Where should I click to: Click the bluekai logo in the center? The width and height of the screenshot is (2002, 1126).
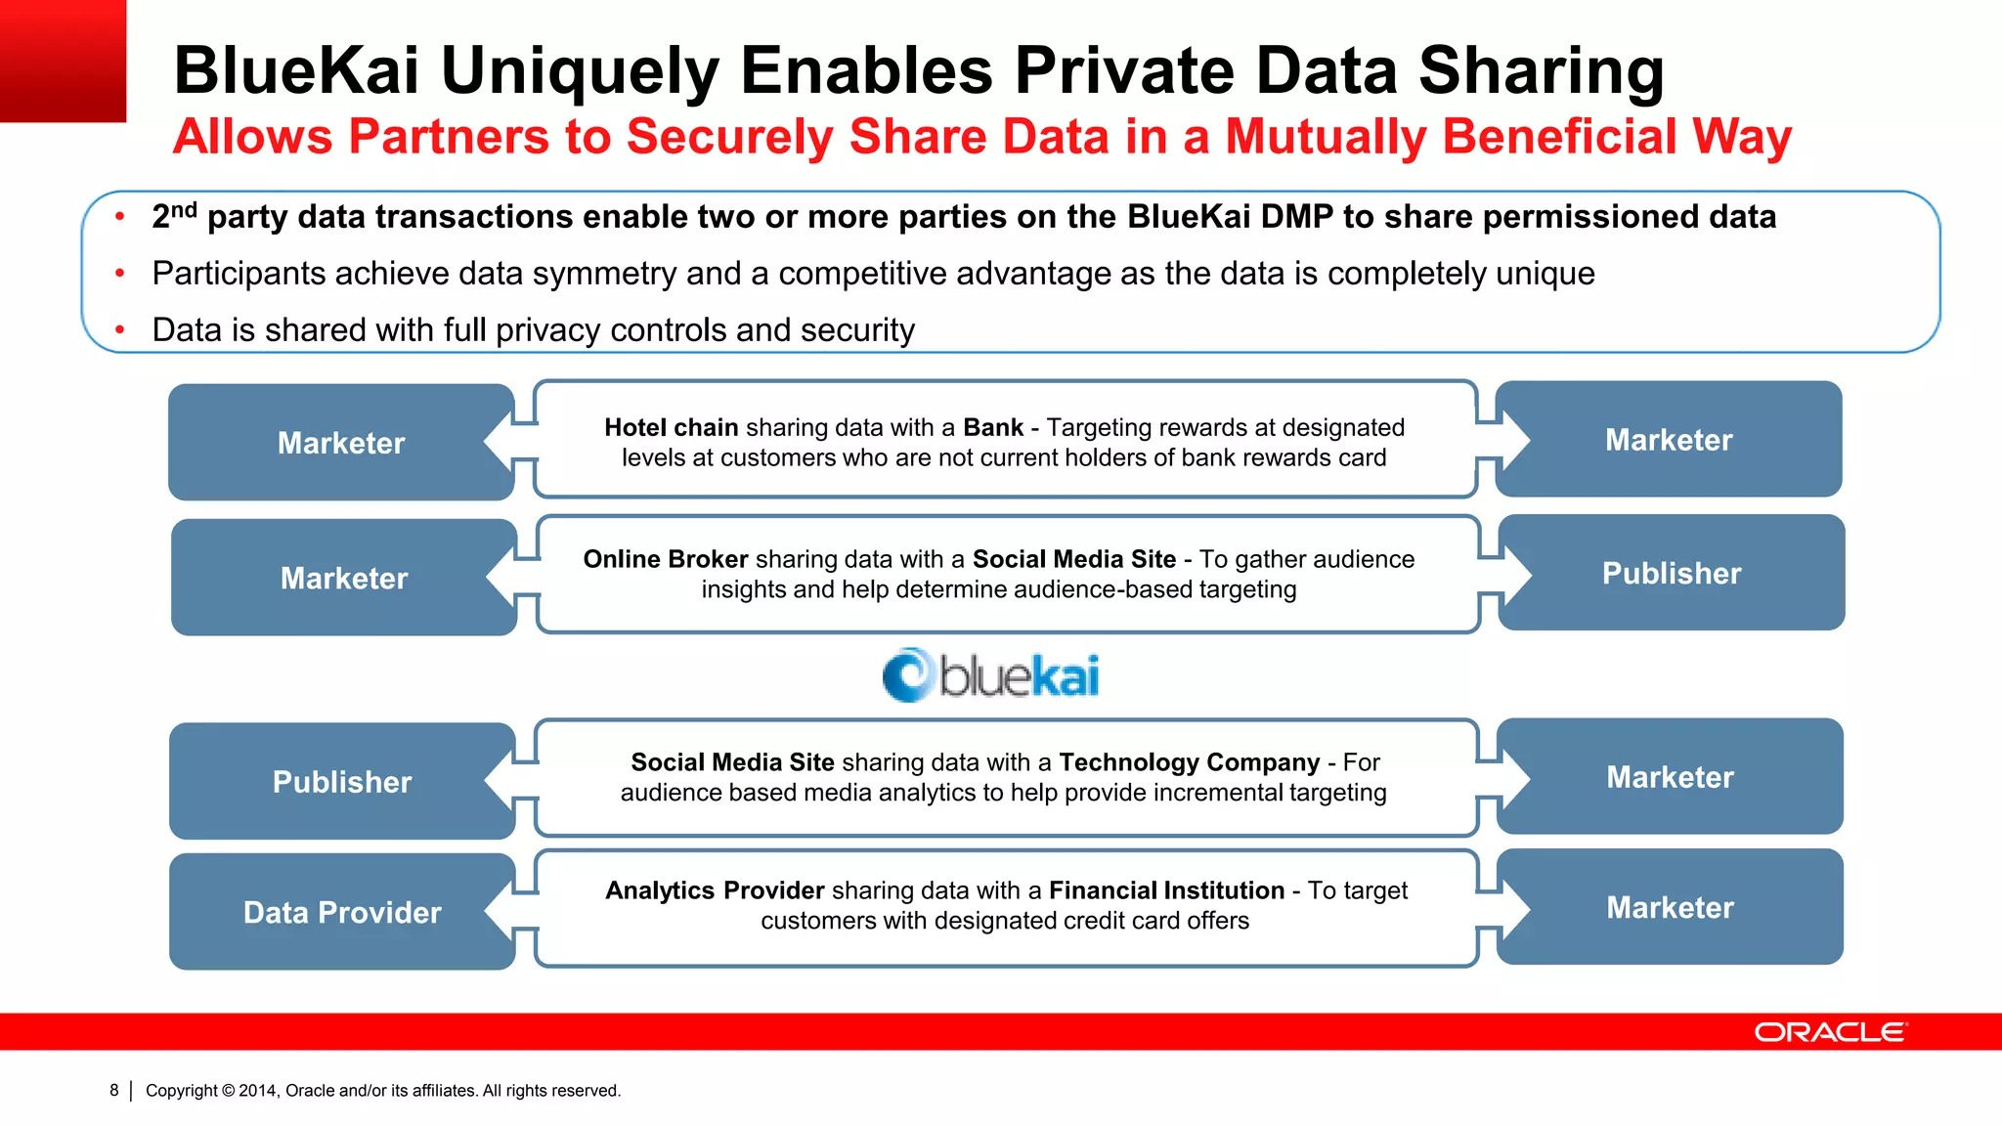[x=990, y=675]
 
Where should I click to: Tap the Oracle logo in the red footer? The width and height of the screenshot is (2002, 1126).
[x=1829, y=1032]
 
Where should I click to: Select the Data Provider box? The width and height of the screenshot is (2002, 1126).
[x=342, y=912]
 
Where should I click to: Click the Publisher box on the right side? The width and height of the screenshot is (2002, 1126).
[x=1672, y=574]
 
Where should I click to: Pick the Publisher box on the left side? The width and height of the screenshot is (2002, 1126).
[x=342, y=782]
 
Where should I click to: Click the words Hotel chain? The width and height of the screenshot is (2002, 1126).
[x=671, y=428]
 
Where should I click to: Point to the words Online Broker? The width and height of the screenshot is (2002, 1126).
[x=666, y=559]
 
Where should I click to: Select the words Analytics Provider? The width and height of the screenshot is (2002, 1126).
[x=715, y=890]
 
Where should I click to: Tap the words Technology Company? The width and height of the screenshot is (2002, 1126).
[x=1189, y=762]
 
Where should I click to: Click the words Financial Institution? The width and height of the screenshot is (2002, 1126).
[x=1166, y=890]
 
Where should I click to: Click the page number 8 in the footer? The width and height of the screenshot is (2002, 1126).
[x=114, y=1090]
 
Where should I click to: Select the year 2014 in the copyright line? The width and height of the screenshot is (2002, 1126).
[x=258, y=1091]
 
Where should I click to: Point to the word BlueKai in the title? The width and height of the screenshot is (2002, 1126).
[x=296, y=71]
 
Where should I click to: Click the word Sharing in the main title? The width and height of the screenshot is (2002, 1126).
[x=1541, y=71]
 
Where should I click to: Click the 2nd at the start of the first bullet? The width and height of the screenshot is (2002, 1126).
[x=174, y=215]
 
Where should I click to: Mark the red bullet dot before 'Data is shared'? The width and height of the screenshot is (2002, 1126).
[x=120, y=330]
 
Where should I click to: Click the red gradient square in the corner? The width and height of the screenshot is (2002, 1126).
[x=63, y=61]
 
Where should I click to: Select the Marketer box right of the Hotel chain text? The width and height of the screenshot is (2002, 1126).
[x=1669, y=440]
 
